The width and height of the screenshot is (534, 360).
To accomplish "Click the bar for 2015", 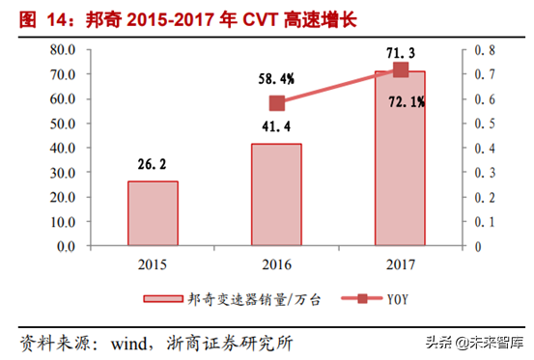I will [153, 213].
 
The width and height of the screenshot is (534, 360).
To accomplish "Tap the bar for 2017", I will [400, 158].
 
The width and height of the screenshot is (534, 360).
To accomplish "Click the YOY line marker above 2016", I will [277, 103].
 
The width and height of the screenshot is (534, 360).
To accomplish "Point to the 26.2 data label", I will [153, 164].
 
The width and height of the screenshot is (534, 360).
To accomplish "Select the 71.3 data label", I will [401, 50].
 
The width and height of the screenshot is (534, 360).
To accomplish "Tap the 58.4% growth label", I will [276, 76].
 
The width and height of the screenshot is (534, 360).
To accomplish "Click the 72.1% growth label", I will [401, 97].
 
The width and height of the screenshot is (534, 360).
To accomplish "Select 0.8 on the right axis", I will [484, 49].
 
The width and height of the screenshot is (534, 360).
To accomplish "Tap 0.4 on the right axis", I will [484, 148].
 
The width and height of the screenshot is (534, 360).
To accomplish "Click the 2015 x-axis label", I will [153, 264].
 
